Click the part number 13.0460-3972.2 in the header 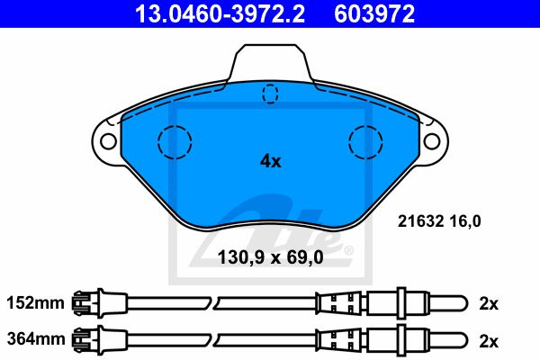coord(220,13)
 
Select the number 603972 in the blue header coord(374,13)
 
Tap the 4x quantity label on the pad coord(270,161)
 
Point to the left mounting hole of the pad coord(108,141)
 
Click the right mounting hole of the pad coord(432,141)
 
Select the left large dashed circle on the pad coord(175,142)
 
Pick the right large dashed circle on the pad coord(365,142)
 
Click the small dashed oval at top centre coord(270,94)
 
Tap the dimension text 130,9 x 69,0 coord(270,257)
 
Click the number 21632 coord(420,221)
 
